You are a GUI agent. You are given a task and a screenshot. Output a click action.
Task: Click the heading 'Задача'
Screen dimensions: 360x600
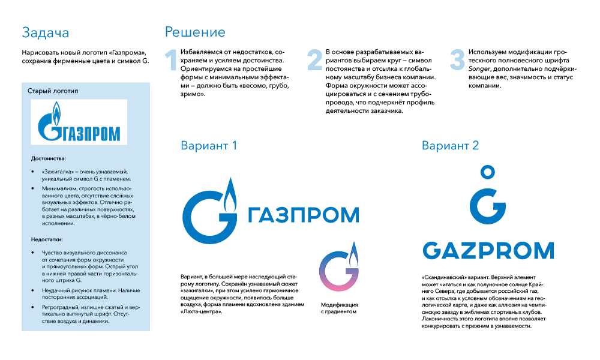click(45, 32)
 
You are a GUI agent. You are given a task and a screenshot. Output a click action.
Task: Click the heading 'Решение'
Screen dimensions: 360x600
click(195, 32)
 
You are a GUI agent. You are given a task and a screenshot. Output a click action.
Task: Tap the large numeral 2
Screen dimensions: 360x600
click(314, 60)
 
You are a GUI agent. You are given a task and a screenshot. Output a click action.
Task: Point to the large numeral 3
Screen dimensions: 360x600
click(458, 60)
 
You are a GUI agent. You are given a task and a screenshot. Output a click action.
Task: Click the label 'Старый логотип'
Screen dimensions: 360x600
click(53, 91)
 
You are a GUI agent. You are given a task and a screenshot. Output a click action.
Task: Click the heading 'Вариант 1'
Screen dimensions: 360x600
click(209, 146)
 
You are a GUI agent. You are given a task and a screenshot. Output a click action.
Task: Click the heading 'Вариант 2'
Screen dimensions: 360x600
click(450, 146)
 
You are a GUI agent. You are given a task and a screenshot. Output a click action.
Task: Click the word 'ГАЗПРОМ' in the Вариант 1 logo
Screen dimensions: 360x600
click(303, 214)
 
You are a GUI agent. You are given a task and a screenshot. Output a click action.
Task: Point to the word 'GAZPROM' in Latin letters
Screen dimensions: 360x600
click(488, 250)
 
